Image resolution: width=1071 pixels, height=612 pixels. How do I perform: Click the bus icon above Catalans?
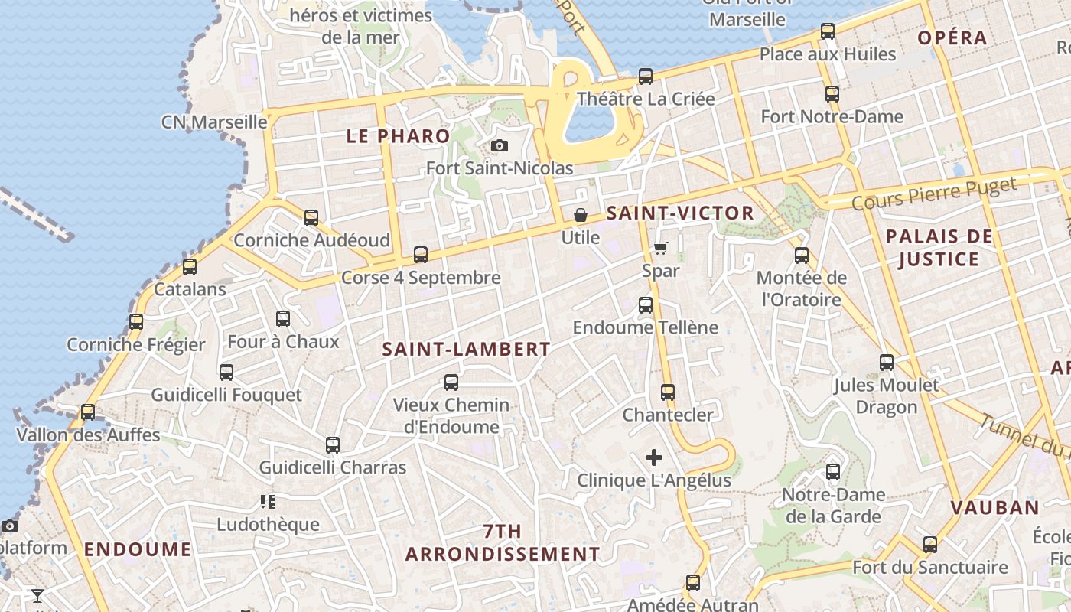[190, 267]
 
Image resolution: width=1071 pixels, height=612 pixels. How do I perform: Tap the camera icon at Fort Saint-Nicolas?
[499, 145]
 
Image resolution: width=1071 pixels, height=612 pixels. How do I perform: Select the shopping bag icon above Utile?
[581, 215]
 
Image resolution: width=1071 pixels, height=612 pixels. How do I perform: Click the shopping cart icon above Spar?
[661, 248]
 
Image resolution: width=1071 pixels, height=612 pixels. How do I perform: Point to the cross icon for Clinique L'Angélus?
[654, 457]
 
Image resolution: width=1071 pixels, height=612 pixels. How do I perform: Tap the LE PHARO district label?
[399, 137]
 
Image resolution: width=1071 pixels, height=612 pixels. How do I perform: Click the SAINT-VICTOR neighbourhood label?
[680, 213]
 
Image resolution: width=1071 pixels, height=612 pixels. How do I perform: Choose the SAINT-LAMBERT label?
[466, 350]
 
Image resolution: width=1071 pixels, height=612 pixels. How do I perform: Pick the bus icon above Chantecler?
[668, 392]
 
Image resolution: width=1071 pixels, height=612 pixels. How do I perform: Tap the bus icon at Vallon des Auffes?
[88, 412]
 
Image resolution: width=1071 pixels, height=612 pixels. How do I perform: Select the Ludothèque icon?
[267, 502]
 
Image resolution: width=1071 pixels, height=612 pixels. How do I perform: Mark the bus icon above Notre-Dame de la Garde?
[833, 472]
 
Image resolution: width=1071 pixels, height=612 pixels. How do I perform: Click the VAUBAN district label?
[994, 507]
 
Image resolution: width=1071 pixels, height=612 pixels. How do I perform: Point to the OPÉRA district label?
[952, 37]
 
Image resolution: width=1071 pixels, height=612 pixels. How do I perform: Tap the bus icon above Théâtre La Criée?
[646, 76]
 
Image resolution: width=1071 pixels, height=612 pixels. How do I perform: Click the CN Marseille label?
[214, 122]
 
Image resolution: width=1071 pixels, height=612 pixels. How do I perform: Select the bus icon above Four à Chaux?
[283, 319]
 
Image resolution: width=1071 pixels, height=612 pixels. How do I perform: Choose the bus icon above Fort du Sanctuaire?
[930, 545]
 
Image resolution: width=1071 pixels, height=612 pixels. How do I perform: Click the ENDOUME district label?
[138, 549]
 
